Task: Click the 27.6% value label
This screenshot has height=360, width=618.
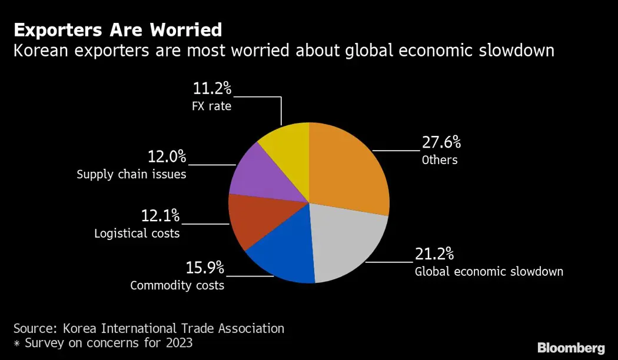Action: [x=441, y=142]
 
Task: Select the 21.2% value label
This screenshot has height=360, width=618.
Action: [x=434, y=254]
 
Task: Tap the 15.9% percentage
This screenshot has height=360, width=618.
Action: [x=205, y=268]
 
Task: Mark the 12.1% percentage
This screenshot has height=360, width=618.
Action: [x=160, y=216]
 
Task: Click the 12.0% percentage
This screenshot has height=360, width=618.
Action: [x=167, y=156]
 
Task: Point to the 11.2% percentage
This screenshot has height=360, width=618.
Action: [x=212, y=89]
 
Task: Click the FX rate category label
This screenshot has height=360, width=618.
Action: [x=212, y=107]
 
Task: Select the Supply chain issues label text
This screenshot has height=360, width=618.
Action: [x=131, y=175]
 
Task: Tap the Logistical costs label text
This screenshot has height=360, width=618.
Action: [x=137, y=234]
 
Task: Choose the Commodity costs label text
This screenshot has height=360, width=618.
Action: [x=177, y=286]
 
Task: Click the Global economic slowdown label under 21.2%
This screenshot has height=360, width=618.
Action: [x=489, y=272]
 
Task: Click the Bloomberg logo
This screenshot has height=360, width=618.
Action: [x=571, y=348]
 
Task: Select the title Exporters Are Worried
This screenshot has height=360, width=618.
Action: [x=118, y=30]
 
